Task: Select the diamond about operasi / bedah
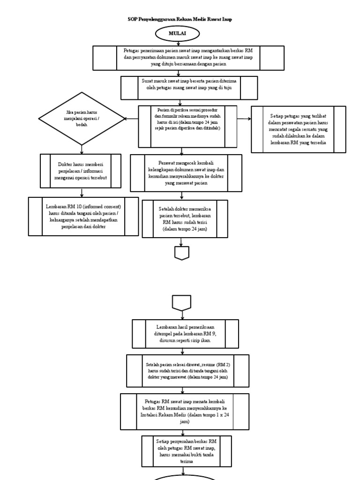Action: (x=82, y=119)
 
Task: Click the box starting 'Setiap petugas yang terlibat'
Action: (x=298, y=129)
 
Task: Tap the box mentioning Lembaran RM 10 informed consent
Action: (x=83, y=216)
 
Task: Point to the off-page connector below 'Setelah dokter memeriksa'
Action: (x=182, y=253)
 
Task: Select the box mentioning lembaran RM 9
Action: (x=185, y=334)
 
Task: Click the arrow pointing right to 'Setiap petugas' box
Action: (x=244, y=119)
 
